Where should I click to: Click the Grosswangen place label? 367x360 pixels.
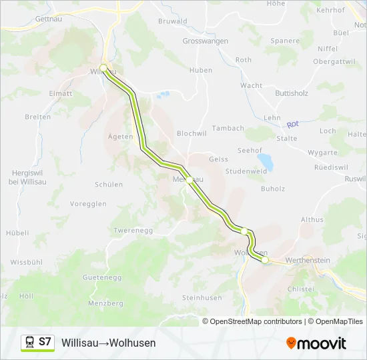coord(205,41)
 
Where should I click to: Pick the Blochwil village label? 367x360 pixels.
coord(192,133)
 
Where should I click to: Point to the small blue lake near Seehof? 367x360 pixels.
coord(265,162)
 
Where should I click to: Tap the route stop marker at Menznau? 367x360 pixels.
coord(189,180)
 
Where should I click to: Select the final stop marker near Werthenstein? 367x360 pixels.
coord(265,260)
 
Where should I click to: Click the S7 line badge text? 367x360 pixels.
coord(45,342)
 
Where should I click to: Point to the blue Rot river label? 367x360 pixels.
coord(292,125)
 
